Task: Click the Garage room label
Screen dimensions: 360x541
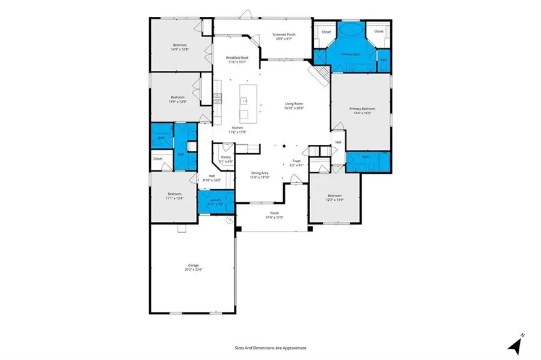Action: click(x=192, y=267)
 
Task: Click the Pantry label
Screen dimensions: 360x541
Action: click(x=225, y=159)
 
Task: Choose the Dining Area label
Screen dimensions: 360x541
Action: click(x=260, y=174)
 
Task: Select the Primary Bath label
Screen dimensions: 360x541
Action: click(x=350, y=54)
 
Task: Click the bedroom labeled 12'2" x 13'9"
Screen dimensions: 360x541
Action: click(x=334, y=198)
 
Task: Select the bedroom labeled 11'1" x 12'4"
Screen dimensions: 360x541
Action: click(x=174, y=196)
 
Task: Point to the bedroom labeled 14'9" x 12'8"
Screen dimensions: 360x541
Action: click(x=179, y=47)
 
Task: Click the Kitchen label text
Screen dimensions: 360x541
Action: click(x=237, y=128)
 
